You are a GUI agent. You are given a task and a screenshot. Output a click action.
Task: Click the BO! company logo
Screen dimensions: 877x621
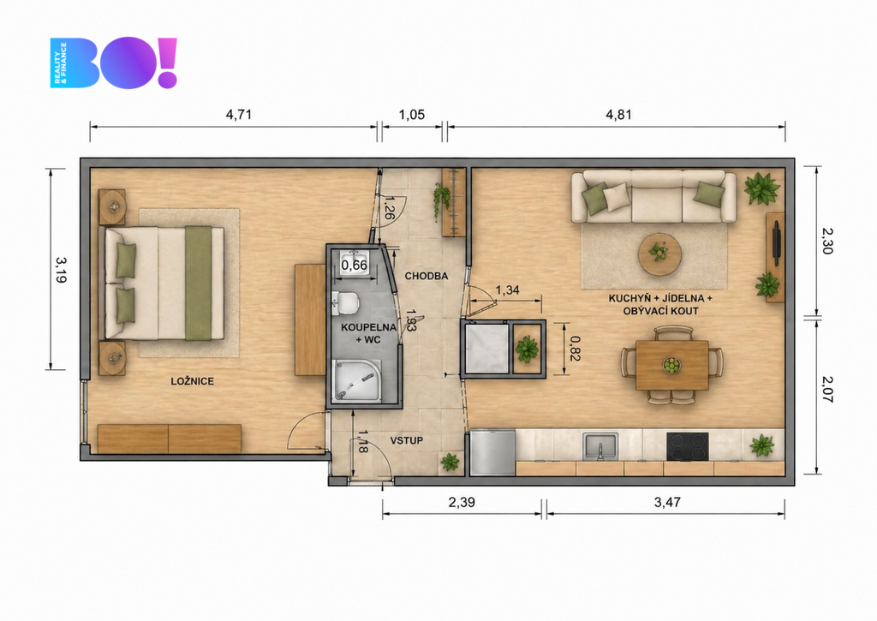(114, 63)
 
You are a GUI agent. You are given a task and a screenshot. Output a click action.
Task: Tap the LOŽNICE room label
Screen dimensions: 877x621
(193, 381)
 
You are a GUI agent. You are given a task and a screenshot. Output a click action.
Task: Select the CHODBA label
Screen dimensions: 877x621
(427, 276)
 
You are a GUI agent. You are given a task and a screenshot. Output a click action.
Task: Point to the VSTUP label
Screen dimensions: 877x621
(407, 440)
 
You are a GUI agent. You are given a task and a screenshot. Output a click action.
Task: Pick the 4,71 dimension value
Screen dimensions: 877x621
(239, 115)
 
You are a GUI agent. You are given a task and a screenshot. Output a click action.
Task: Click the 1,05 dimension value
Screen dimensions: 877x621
(412, 115)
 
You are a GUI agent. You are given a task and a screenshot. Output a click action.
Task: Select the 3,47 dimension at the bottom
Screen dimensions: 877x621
(667, 503)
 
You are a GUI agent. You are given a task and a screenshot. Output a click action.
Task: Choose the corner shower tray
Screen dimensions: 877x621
(357, 380)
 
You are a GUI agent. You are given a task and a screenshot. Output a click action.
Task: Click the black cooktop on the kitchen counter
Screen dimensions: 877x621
(688, 446)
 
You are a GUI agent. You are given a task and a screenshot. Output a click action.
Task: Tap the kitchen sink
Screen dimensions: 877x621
(600, 446)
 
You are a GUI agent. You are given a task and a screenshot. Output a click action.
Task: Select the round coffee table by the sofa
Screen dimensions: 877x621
(660, 254)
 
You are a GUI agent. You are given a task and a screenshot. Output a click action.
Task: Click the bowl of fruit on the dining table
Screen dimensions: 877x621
(671, 366)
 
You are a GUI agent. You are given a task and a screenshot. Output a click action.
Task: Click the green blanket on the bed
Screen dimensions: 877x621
(199, 283)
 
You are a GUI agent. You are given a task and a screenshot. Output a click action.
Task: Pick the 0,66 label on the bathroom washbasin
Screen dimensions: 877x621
(354, 266)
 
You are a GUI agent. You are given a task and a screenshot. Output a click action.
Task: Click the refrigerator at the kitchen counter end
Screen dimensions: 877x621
(492, 452)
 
